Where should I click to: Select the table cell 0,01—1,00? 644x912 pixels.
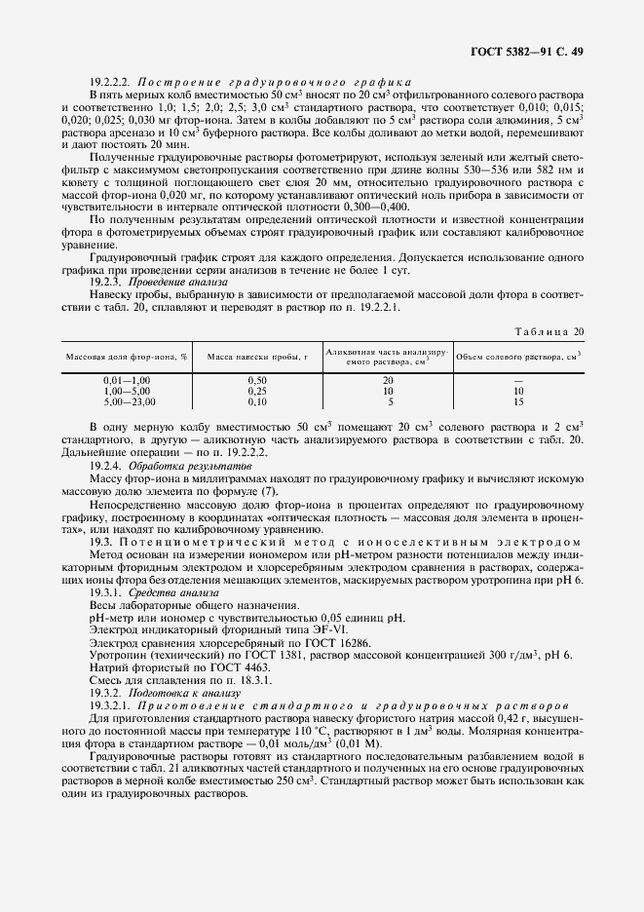(x=127, y=379)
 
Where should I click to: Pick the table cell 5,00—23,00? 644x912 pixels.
(x=127, y=400)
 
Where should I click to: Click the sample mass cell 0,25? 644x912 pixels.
(x=256, y=390)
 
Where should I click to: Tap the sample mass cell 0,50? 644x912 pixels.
(x=256, y=379)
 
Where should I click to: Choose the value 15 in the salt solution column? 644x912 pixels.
(x=519, y=400)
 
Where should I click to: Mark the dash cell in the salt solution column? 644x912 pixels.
(x=519, y=379)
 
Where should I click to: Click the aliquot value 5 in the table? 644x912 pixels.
(x=390, y=400)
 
